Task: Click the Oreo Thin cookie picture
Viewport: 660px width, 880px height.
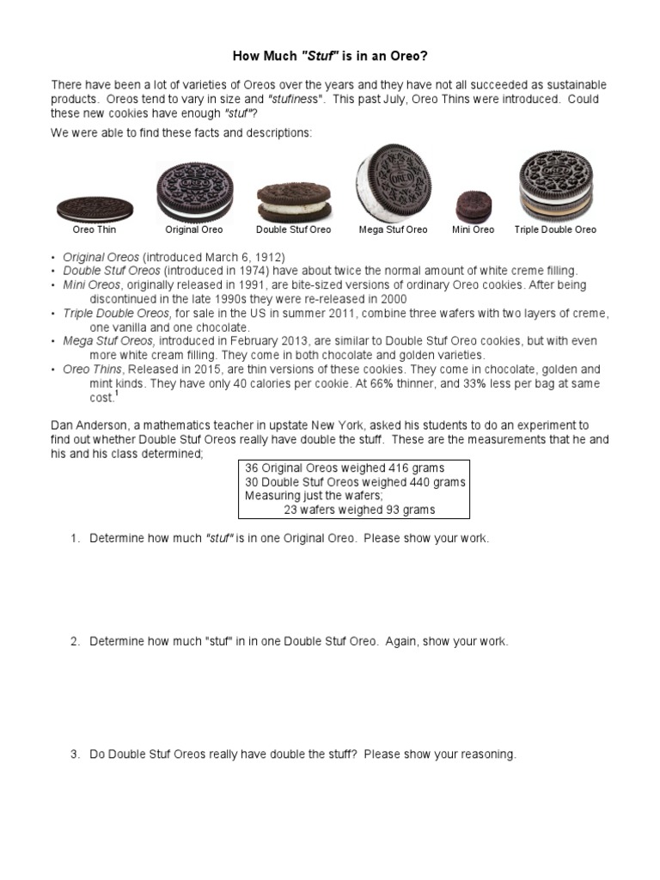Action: pos(95,208)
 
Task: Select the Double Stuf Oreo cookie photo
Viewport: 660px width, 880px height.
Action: pos(293,201)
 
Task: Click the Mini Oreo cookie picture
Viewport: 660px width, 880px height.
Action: pos(473,206)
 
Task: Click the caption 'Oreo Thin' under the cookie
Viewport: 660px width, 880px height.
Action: pos(95,229)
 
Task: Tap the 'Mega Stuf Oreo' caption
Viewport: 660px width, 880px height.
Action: pos(393,229)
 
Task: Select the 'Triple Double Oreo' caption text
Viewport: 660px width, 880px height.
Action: pos(555,229)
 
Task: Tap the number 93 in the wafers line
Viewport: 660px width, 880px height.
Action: pos(375,510)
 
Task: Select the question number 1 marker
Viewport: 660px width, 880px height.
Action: pos(75,538)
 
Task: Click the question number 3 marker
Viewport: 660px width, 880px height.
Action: pos(75,755)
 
